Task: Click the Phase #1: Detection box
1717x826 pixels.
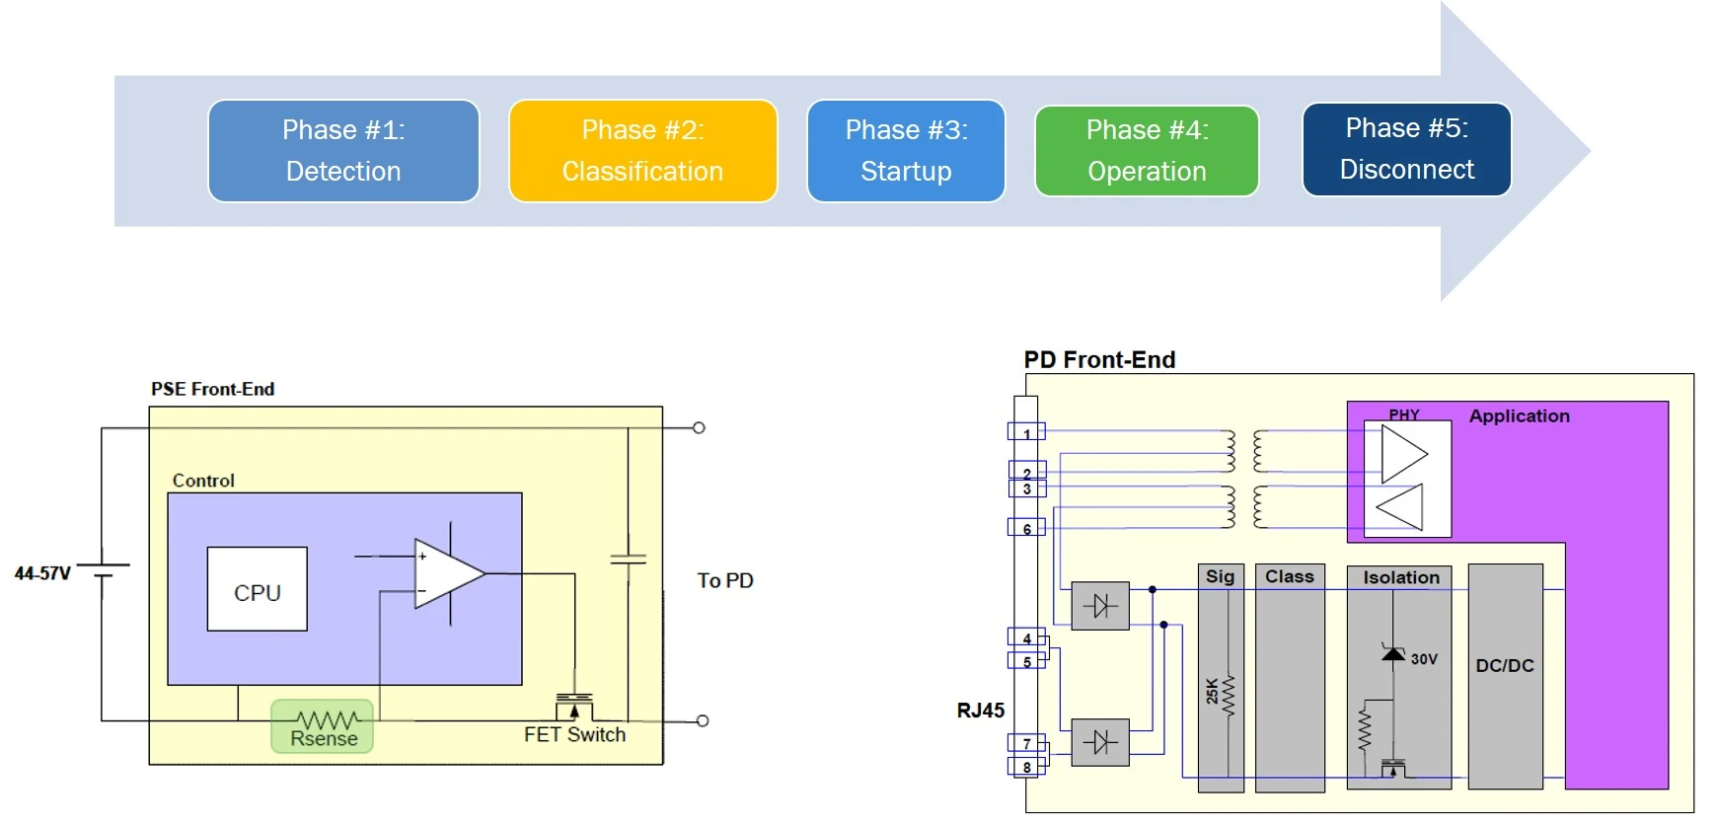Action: pos(343,151)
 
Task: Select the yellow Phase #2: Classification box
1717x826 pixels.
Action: pos(642,151)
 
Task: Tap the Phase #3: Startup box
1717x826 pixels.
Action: pos(906,151)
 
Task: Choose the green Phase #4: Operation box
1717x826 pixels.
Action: pos(1147,151)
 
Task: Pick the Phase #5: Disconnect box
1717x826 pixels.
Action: pos(1406,149)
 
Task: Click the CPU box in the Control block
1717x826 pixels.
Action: pos(257,589)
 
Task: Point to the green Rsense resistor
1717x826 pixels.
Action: pos(323,726)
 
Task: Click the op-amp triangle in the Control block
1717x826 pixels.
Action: pos(449,573)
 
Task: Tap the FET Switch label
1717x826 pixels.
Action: pos(574,734)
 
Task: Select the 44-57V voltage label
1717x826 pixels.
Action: pos(42,573)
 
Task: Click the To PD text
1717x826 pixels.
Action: pos(725,580)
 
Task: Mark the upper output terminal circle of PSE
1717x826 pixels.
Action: pos(699,427)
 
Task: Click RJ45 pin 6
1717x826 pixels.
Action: pos(1026,528)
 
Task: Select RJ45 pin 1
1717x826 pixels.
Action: pos(1026,432)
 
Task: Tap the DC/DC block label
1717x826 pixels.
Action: pos(1505,666)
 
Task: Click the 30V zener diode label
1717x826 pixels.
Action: pos(1424,659)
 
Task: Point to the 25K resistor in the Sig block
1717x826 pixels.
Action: pos(1230,695)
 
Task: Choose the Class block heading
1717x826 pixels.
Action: pos(1290,576)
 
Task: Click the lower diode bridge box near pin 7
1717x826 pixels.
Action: pos(1100,742)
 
